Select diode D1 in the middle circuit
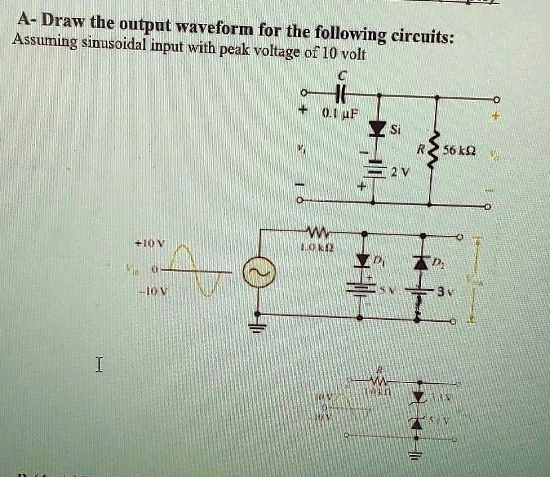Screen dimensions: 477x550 point(363,258)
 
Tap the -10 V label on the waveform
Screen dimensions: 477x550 point(152,292)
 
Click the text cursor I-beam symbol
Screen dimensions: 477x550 point(100,364)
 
